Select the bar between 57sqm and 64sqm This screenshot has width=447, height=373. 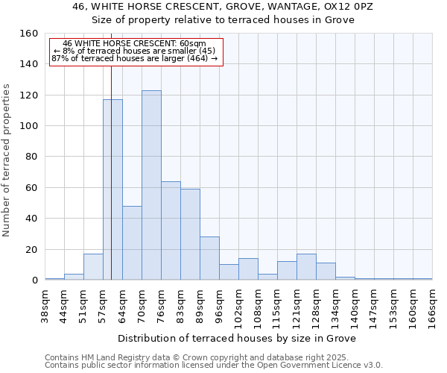pos(112,189)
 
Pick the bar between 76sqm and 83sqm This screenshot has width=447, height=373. pos(171,231)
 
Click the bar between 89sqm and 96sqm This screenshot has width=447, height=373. pos(209,258)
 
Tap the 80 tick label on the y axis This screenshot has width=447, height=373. pos(31,157)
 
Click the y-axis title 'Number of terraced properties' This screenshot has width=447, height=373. pos(7,160)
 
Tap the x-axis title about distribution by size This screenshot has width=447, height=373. pos(237,338)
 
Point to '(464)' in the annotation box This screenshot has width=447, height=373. pos(197,58)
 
